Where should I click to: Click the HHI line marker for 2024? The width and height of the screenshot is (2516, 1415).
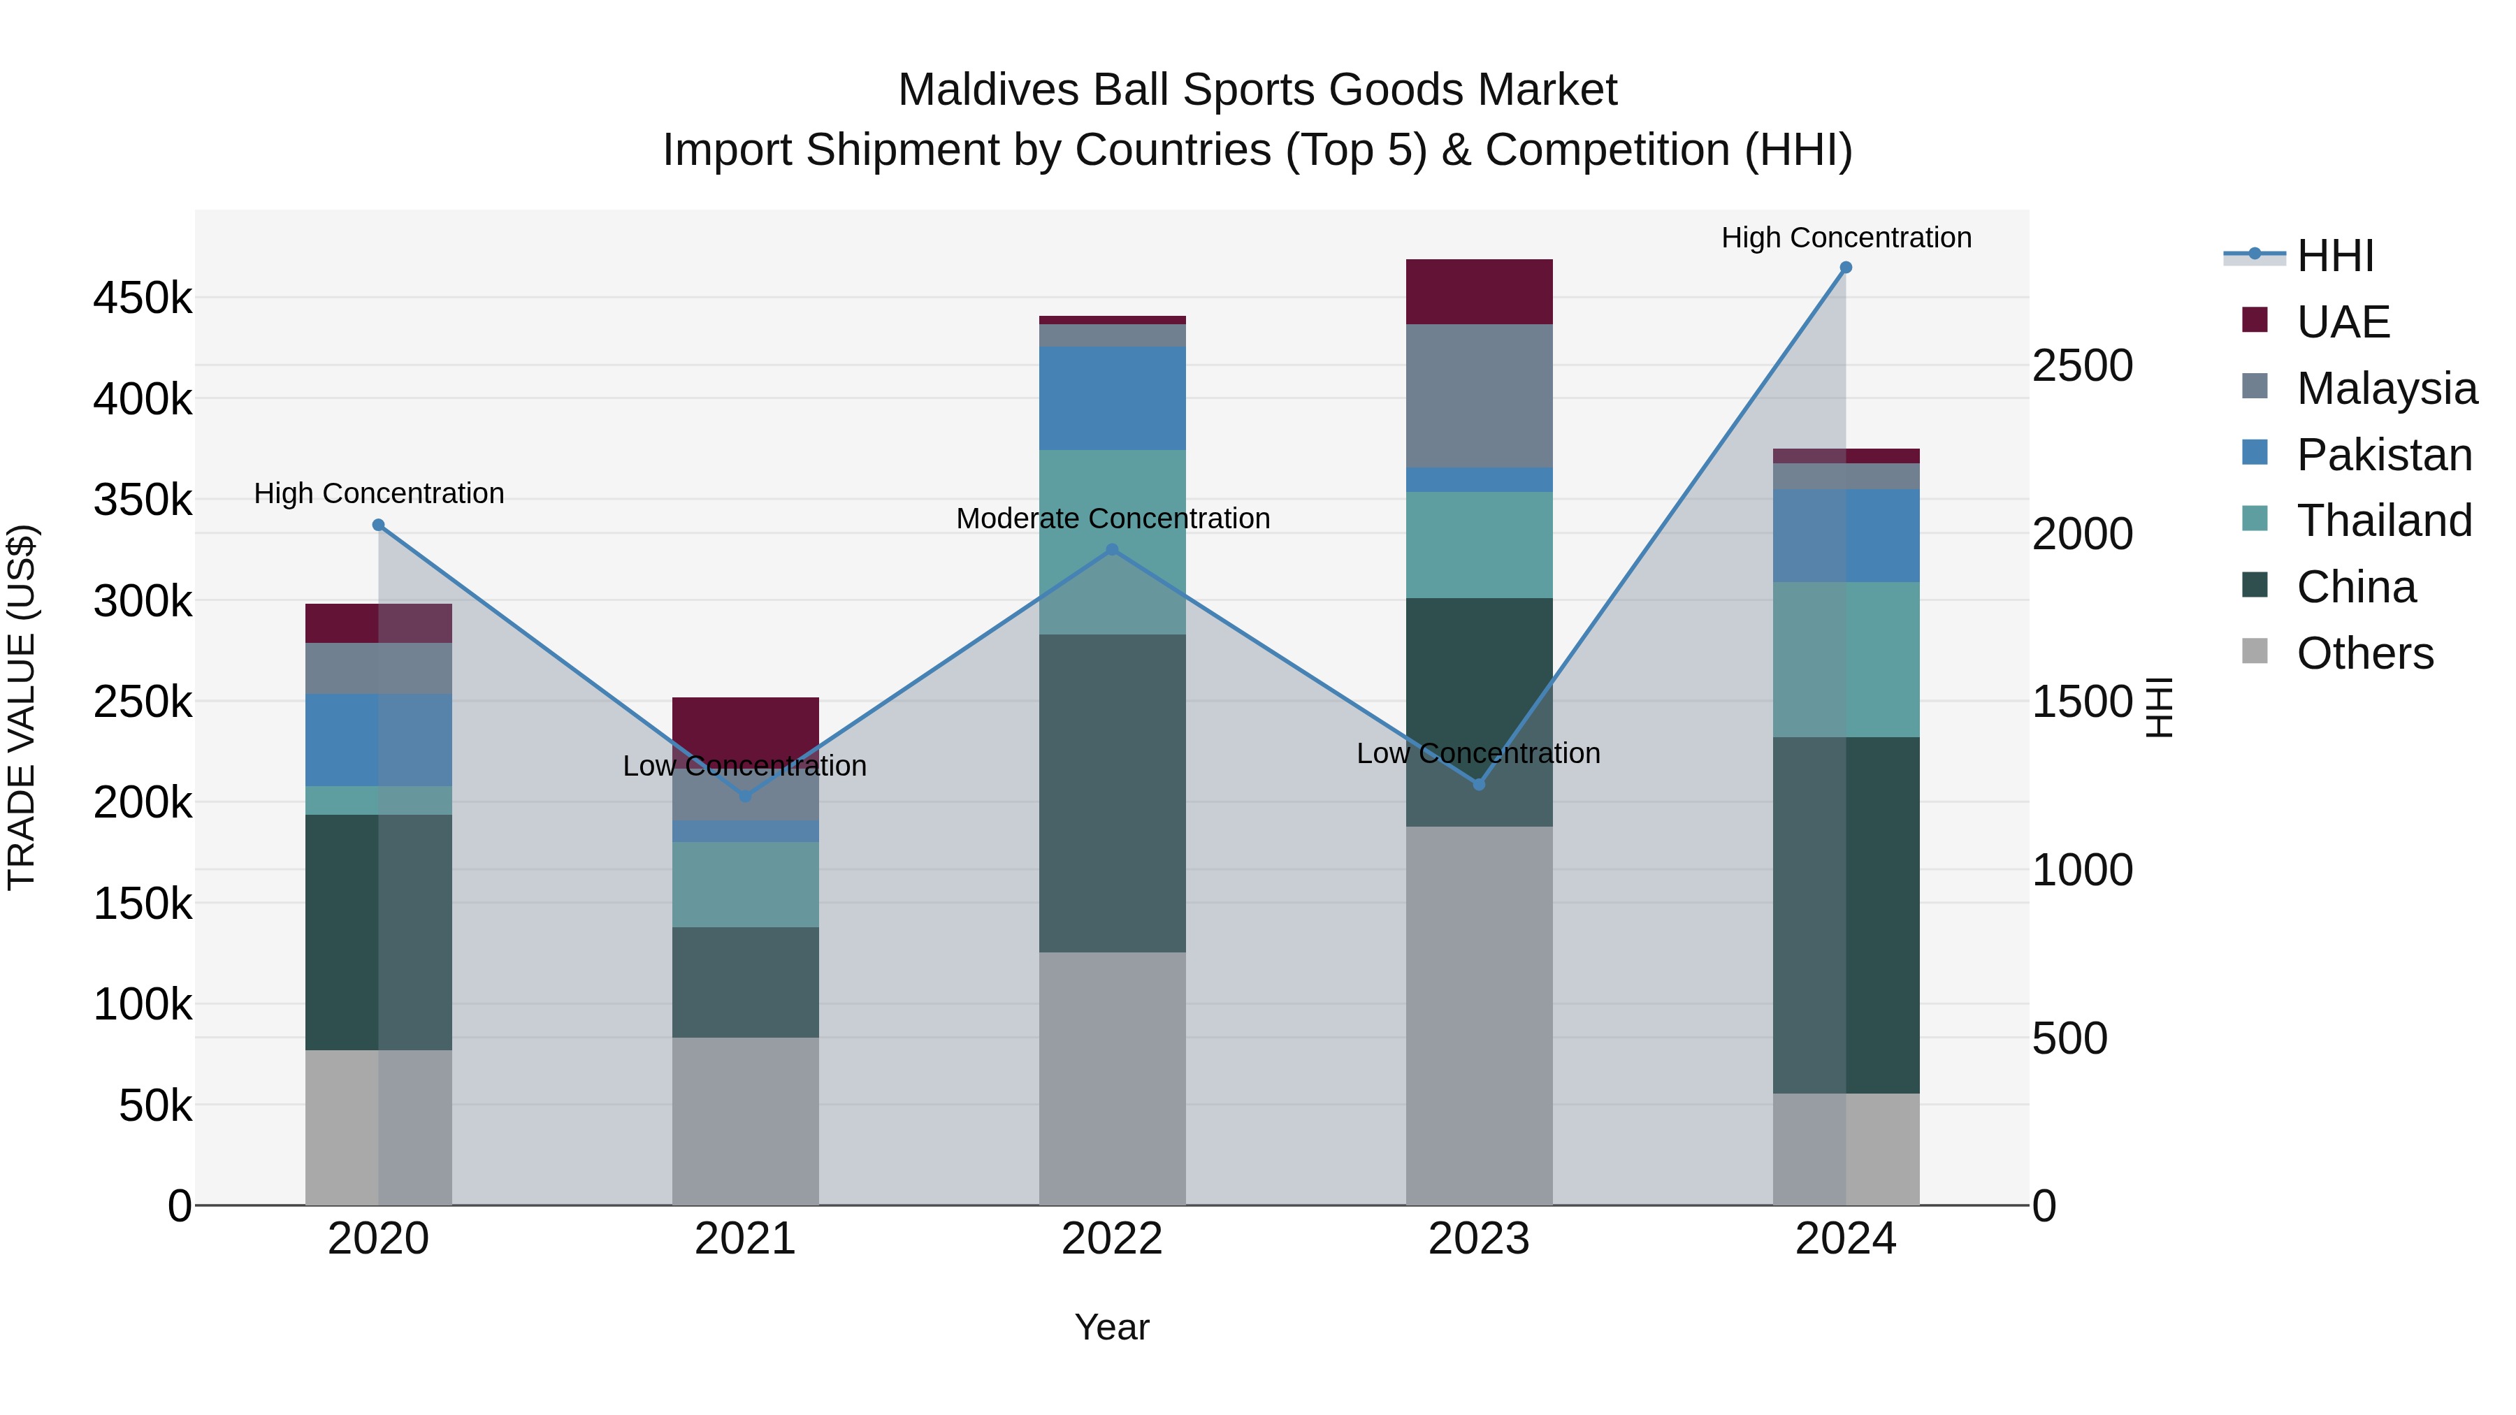(x=1845, y=268)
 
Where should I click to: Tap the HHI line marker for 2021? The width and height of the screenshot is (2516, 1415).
(x=745, y=796)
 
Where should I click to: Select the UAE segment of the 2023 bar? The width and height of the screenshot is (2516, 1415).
(x=1479, y=292)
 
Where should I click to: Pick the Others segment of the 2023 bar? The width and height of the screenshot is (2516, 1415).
(x=1479, y=1015)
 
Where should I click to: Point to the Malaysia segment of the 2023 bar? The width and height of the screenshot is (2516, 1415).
(x=1479, y=396)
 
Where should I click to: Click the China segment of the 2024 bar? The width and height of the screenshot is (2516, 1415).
(x=1845, y=915)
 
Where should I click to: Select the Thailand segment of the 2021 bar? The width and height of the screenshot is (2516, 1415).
(x=745, y=885)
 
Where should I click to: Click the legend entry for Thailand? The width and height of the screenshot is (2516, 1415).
(x=2383, y=521)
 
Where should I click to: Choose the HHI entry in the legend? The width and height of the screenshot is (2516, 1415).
(x=2334, y=256)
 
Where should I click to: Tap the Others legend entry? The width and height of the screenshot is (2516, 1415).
(x=2364, y=653)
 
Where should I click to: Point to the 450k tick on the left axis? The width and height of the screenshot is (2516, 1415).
(x=143, y=298)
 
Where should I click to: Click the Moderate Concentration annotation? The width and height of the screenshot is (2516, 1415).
(x=1113, y=518)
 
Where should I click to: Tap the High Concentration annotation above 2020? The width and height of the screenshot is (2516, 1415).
(x=379, y=493)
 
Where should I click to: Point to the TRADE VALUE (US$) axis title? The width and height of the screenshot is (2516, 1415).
(x=22, y=707)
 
